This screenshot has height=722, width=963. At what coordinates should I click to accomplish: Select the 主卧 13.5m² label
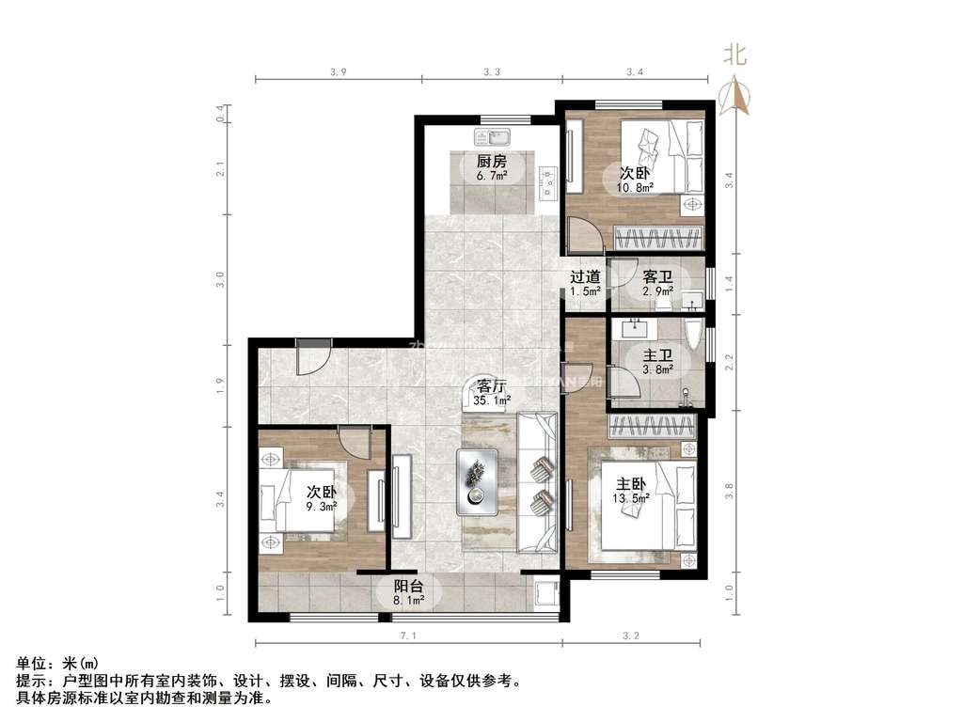click(631, 491)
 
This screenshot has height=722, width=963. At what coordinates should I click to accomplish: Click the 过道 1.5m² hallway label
click(584, 283)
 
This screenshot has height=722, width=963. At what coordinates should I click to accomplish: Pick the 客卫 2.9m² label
click(656, 283)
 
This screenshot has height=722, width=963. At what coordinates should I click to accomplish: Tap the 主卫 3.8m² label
click(656, 362)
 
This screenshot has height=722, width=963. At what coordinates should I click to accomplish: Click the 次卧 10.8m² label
click(635, 179)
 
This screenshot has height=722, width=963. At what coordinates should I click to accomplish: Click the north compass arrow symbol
click(735, 96)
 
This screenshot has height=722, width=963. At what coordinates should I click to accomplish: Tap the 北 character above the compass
click(735, 55)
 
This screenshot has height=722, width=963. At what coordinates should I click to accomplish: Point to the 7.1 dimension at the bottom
click(408, 637)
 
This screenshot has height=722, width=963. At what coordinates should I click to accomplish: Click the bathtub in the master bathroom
click(693, 341)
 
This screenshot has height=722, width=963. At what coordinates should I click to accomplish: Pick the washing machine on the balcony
click(545, 595)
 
